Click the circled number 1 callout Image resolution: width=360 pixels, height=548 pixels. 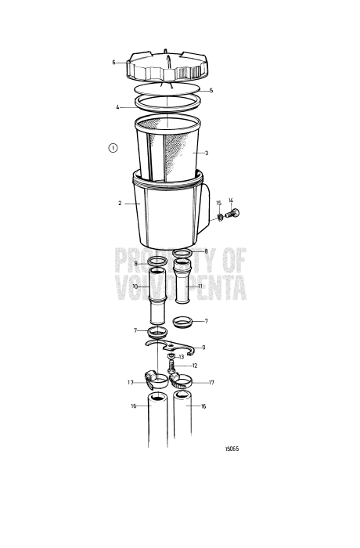coord(113,146)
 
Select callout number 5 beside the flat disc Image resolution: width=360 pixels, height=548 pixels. coord(210,89)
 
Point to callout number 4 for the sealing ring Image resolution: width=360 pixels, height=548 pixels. coord(117,106)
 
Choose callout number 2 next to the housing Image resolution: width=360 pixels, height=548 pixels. coord(120,202)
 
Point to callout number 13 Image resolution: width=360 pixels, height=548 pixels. coord(181,356)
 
